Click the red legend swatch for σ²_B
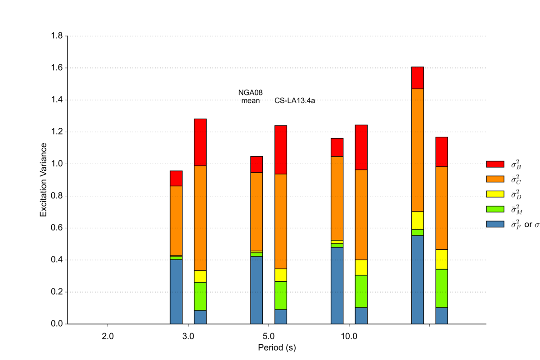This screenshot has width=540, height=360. (x=495, y=164)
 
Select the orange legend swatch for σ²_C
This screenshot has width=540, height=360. (x=495, y=179)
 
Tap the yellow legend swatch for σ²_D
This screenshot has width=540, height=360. (x=495, y=194)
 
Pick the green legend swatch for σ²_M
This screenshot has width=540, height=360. (x=495, y=209)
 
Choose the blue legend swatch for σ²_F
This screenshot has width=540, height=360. (x=495, y=224)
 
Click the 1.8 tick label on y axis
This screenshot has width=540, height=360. (x=57, y=36)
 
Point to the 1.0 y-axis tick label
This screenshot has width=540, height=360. (x=57, y=164)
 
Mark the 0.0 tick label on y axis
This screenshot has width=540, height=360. (x=57, y=324)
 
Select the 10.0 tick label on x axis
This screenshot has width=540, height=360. (x=349, y=336)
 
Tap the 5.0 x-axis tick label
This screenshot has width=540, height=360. (x=269, y=336)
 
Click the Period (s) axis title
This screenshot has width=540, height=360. (x=277, y=347)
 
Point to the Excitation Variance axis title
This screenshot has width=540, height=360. (x=44, y=180)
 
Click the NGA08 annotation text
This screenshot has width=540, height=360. (x=250, y=93)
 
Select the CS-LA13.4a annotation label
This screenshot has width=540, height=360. (x=294, y=101)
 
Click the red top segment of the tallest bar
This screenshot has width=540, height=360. (x=418, y=78)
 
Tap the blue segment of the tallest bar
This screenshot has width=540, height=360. (x=418, y=279)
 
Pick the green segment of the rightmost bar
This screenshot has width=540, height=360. (x=441, y=288)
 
